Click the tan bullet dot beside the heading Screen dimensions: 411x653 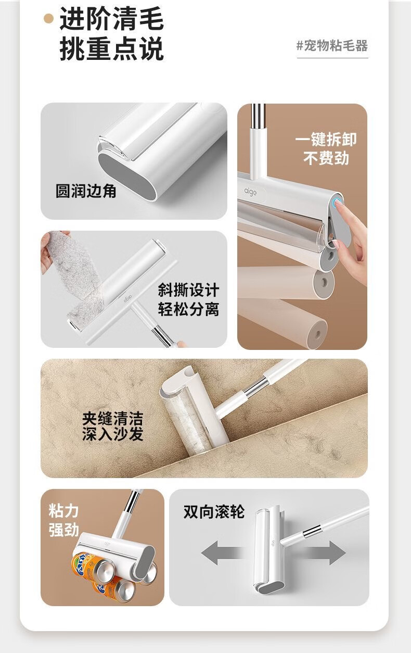[x=49, y=19]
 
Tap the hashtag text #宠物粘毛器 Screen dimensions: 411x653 [x=332, y=46]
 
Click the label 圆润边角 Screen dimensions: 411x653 [x=86, y=191]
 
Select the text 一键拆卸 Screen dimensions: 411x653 [x=326, y=140]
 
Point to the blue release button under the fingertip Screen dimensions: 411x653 [x=338, y=202]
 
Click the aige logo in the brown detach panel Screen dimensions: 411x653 [x=251, y=192]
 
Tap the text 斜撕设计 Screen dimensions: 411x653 [x=188, y=290]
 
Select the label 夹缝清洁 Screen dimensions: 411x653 [x=113, y=419]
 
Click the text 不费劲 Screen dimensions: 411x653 [x=326, y=158]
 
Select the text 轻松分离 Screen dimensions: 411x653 [x=188, y=309]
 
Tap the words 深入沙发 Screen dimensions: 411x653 [x=113, y=434]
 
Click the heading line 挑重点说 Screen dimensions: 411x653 [x=111, y=49]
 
